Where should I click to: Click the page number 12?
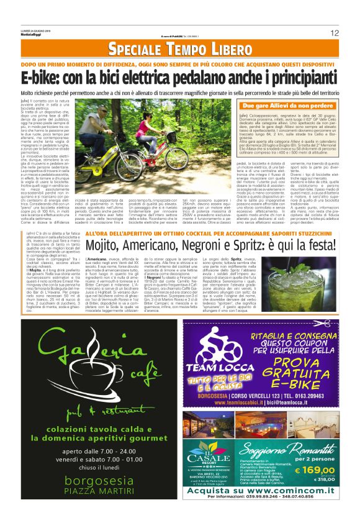click(x=334, y=33)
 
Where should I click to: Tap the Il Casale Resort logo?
click(x=217, y=458)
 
